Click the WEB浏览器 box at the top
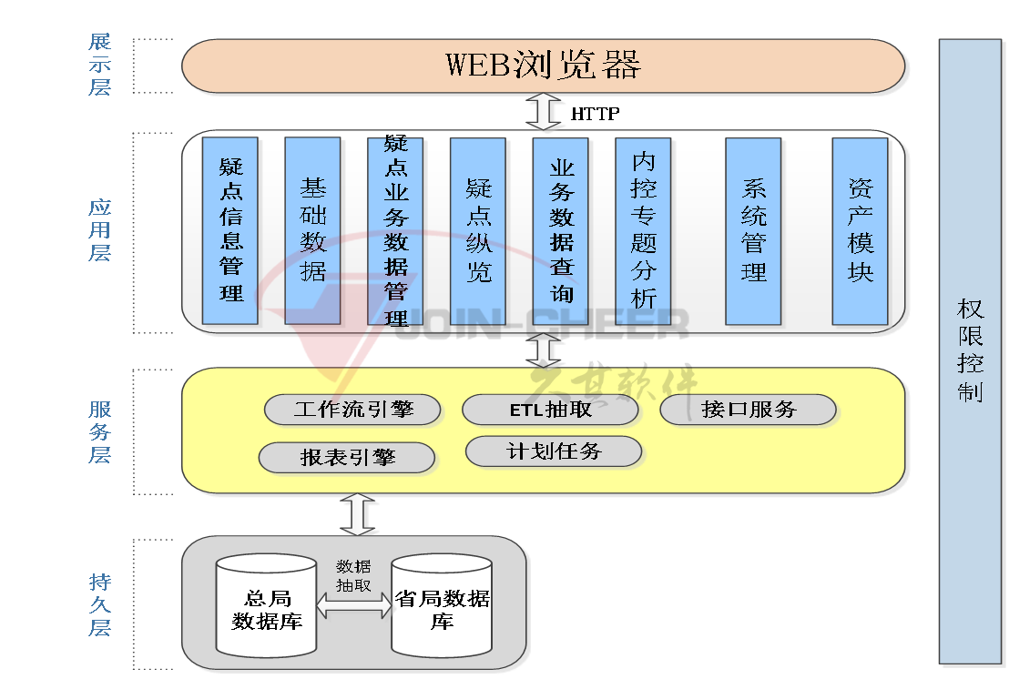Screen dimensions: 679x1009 544,66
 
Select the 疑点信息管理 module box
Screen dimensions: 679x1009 230,230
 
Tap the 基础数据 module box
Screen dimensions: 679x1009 312,230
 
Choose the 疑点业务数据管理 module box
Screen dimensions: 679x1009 395,230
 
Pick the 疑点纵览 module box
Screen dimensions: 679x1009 478,230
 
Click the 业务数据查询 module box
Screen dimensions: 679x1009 561,230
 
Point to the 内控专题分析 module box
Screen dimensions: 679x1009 643,230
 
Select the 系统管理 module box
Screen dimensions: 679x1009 753,230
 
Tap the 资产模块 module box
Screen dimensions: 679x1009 860,230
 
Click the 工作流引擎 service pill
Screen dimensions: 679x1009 353,410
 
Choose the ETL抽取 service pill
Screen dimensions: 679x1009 550,410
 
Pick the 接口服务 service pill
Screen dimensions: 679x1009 748,410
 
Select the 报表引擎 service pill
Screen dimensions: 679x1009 347,458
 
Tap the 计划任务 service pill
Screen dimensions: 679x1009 554,451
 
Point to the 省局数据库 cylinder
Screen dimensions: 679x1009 442,608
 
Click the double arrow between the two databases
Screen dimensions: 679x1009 353,606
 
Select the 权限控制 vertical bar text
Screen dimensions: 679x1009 970,350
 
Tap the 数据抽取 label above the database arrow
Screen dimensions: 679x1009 353,576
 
